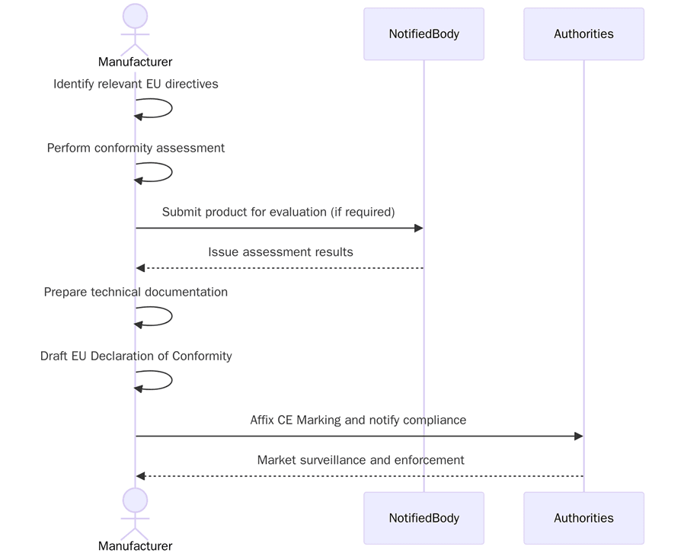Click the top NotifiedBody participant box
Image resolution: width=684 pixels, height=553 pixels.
point(424,34)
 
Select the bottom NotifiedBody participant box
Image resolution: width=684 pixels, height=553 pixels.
point(424,518)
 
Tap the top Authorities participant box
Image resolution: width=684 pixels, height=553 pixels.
point(583,34)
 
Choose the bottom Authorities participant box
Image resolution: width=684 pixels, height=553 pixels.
point(583,518)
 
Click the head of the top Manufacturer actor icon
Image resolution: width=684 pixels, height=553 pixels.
point(135,16)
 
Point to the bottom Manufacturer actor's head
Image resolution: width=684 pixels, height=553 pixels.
point(135,500)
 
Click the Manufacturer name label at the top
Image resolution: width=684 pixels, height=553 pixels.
point(135,62)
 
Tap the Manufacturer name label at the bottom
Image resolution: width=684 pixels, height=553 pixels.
point(135,545)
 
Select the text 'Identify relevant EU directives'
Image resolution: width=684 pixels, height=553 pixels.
point(136,84)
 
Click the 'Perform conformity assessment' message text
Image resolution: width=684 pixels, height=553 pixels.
point(136,148)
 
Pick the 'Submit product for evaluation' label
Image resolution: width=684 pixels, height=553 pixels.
point(278,212)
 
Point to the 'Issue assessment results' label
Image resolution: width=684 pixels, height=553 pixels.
point(280,252)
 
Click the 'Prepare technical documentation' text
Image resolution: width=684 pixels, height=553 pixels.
point(136,292)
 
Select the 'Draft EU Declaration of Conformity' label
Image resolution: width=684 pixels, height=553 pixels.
point(136,356)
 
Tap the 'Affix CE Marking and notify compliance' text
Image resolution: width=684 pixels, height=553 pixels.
point(358,420)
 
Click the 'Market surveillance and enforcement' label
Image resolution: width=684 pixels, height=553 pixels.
point(360,460)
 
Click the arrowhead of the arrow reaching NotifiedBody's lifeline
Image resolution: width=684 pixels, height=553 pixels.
point(418,229)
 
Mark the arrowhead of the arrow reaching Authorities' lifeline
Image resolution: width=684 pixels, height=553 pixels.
point(578,436)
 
